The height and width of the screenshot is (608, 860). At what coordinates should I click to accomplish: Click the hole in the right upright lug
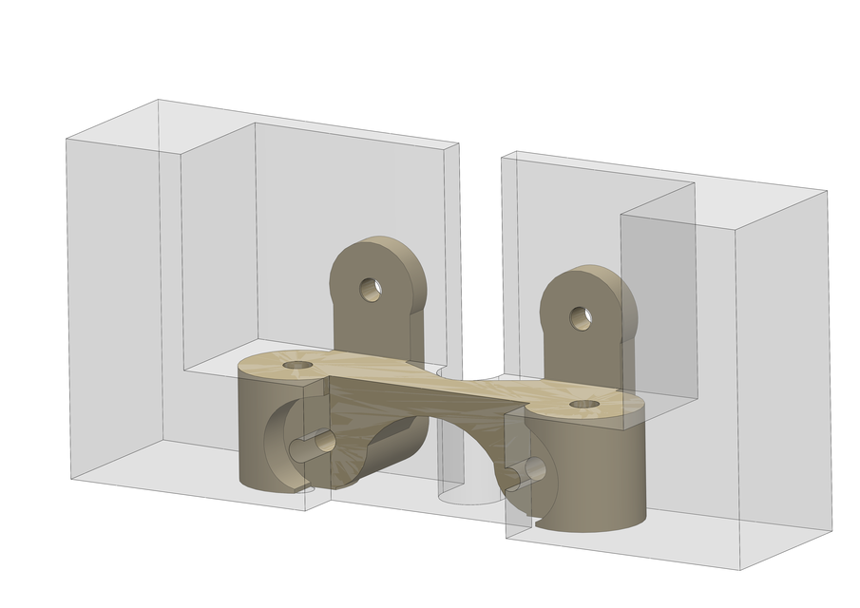(581, 317)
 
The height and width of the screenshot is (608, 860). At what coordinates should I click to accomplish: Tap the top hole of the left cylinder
(297, 365)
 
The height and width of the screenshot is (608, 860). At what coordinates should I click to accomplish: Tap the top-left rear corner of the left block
(159, 100)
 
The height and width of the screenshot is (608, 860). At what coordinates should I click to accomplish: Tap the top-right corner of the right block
(827, 191)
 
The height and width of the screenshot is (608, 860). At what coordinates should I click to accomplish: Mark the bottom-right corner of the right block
(832, 530)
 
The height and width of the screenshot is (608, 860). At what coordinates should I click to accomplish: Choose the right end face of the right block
(784, 380)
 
